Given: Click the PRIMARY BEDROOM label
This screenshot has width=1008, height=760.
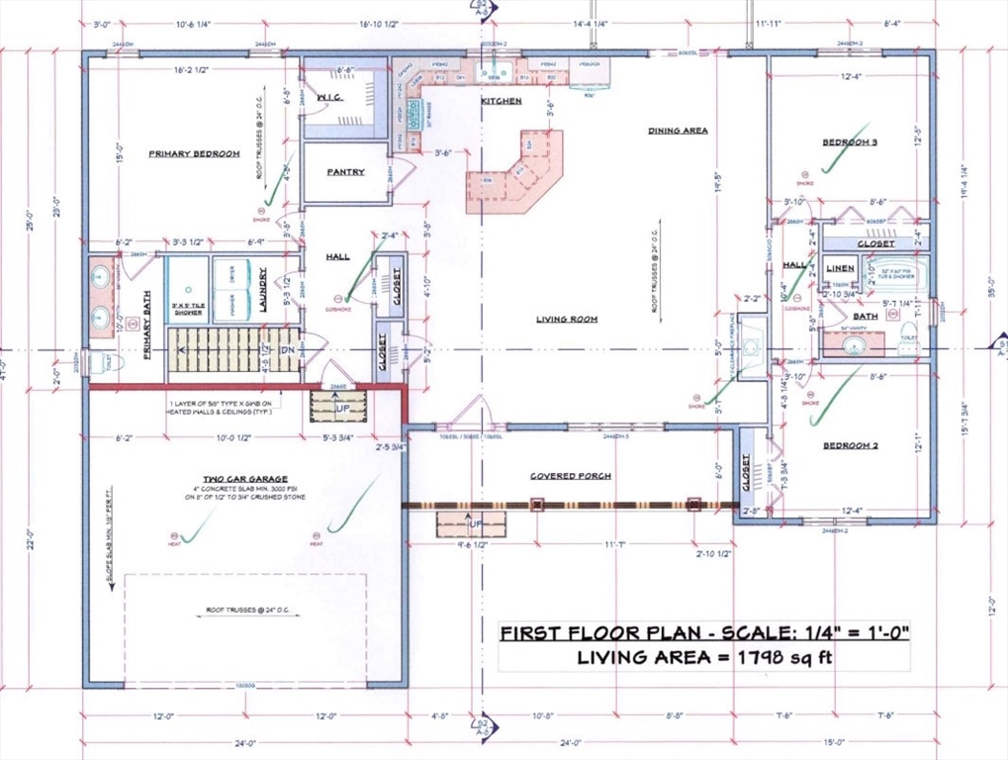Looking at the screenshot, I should pyautogui.click(x=194, y=153).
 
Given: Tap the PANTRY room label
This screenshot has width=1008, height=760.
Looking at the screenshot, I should pyautogui.click(x=345, y=171).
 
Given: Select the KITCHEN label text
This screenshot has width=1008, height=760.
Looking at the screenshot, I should pyautogui.click(x=501, y=101).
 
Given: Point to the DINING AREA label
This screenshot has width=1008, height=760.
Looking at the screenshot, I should pyautogui.click(x=678, y=130).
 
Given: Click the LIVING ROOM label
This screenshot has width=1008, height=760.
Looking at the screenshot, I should pyautogui.click(x=568, y=319).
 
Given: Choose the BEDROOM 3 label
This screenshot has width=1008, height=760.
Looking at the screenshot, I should pyautogui.click(x=850, y=142).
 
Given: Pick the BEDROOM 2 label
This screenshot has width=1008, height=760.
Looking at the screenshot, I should pyautogui.click(x=850, y=445).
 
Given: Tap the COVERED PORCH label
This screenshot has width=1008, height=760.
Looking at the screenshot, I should pyautogui.click(x=570, y=476).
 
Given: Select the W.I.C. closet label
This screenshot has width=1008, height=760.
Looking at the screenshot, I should pyautogui.click(x=329, y=98).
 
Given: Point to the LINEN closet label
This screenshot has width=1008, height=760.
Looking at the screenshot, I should pyautogui.click(x=839, y=268).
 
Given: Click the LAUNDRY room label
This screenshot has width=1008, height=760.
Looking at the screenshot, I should pyautogui.click(x=264, y=290).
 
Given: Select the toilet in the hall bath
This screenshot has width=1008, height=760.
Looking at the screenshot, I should pyautogui.click(x=908, y=339).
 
